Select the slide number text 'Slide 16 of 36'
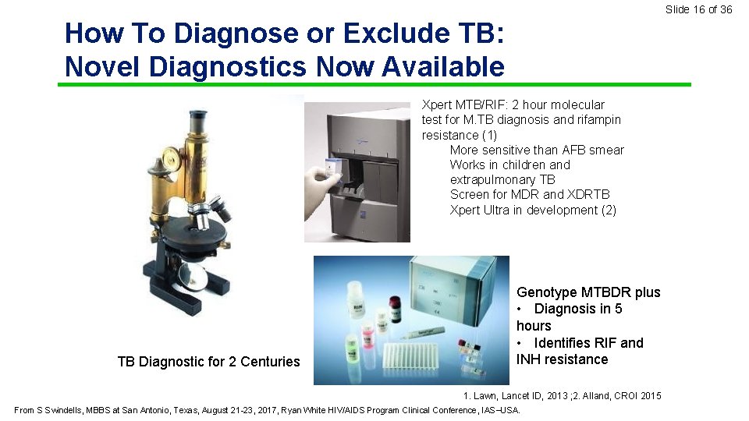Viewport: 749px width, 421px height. tap(698, 9)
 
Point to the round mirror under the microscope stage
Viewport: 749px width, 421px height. tap(192, 274)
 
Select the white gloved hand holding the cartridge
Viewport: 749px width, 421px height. tap(321, 191)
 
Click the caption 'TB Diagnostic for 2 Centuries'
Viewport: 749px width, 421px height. tap(208, 361)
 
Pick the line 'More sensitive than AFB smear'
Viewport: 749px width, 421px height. tap(537, 150)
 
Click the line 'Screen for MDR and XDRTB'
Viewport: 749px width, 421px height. tap(530, 194)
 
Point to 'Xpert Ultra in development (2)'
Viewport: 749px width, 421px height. tap(533, 210)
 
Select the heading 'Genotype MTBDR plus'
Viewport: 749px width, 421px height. tap(588, 292)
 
